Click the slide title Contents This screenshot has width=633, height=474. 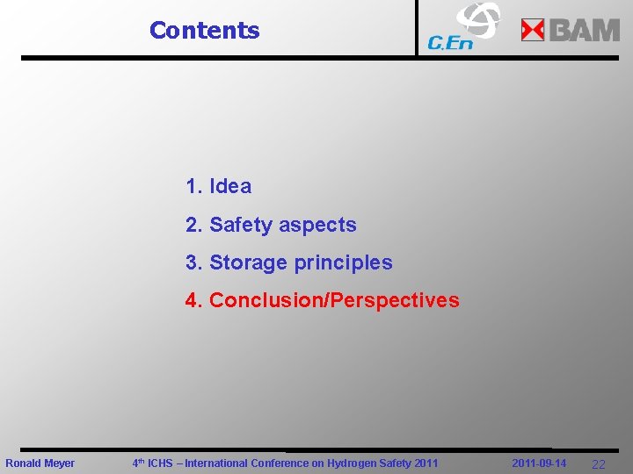[x=204, y=30]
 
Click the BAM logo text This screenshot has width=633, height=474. [x=585, y=31]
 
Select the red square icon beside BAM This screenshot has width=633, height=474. [x=533, y=31]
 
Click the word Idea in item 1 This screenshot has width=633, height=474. [x=230, y=186]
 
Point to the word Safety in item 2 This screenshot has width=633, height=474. [x=241, y=225]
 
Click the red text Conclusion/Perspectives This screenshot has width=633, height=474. [x=334, y=300]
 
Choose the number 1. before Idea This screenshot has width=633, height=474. [x=194, y=186]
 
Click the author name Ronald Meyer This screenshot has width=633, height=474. [x=40, y=463]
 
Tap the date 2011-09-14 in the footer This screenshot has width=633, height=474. [x=539, y=463]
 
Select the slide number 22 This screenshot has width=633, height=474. [x=599, y=464]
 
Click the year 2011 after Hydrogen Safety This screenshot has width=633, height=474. [x=426, y=463]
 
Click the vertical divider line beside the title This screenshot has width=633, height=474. [x=417, y=28]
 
